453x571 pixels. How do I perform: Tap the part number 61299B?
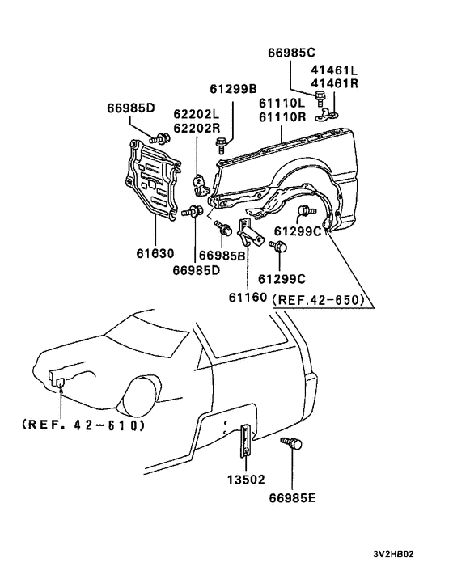tap(234, 90)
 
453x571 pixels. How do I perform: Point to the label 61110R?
tap(282, 117)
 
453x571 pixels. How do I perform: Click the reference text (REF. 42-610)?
tap(80, 425)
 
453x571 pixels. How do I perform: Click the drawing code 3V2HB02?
tap(393, 555)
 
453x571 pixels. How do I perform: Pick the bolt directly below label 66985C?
tap(322, 99)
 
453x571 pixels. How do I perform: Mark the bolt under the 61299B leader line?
tap(221, 146)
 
